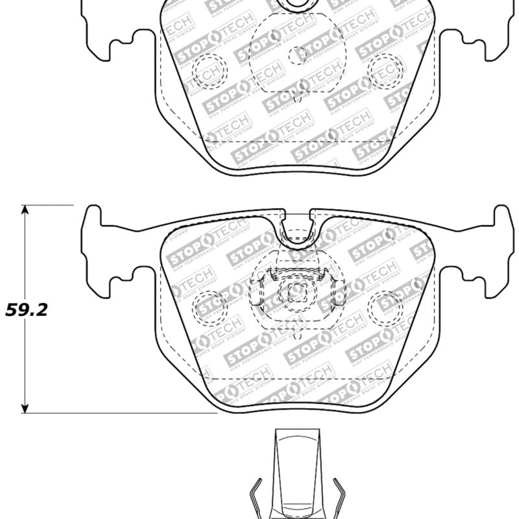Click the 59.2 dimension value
point(27,309)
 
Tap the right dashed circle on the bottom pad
point(385,307)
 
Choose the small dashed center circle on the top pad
point(297,56)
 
